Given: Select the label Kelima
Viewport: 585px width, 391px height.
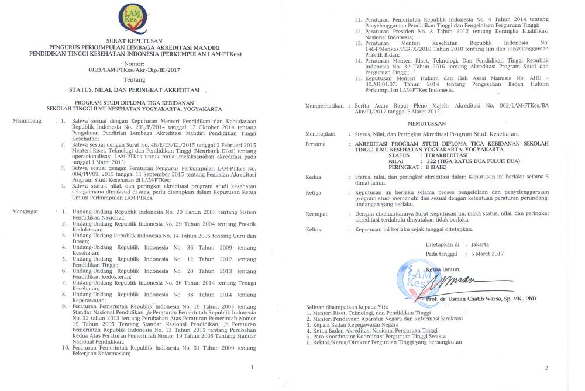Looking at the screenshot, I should tap(315, 230).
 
